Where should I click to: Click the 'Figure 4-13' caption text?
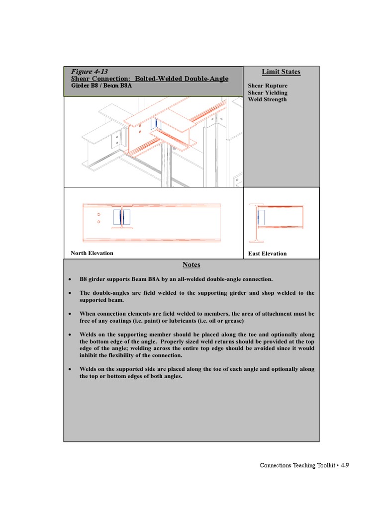[x=90, y=72]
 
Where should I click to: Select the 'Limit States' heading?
[x=281, y=72]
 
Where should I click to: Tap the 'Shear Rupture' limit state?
[x=268, y=85]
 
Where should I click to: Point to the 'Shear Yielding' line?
[x=268, y=92]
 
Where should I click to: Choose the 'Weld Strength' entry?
[x=267, y=99]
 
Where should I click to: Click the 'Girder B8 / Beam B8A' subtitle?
[x=101, y=85]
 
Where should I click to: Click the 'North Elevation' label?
[x=92, y=253]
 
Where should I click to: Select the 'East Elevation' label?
[x=268, y=254]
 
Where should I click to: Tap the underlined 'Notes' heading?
[x=191, y=265]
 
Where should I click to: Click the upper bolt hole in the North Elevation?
[x=99, y=215]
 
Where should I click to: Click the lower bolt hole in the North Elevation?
[x=99, y=222]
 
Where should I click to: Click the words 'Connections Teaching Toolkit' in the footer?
[x=297, y=466]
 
